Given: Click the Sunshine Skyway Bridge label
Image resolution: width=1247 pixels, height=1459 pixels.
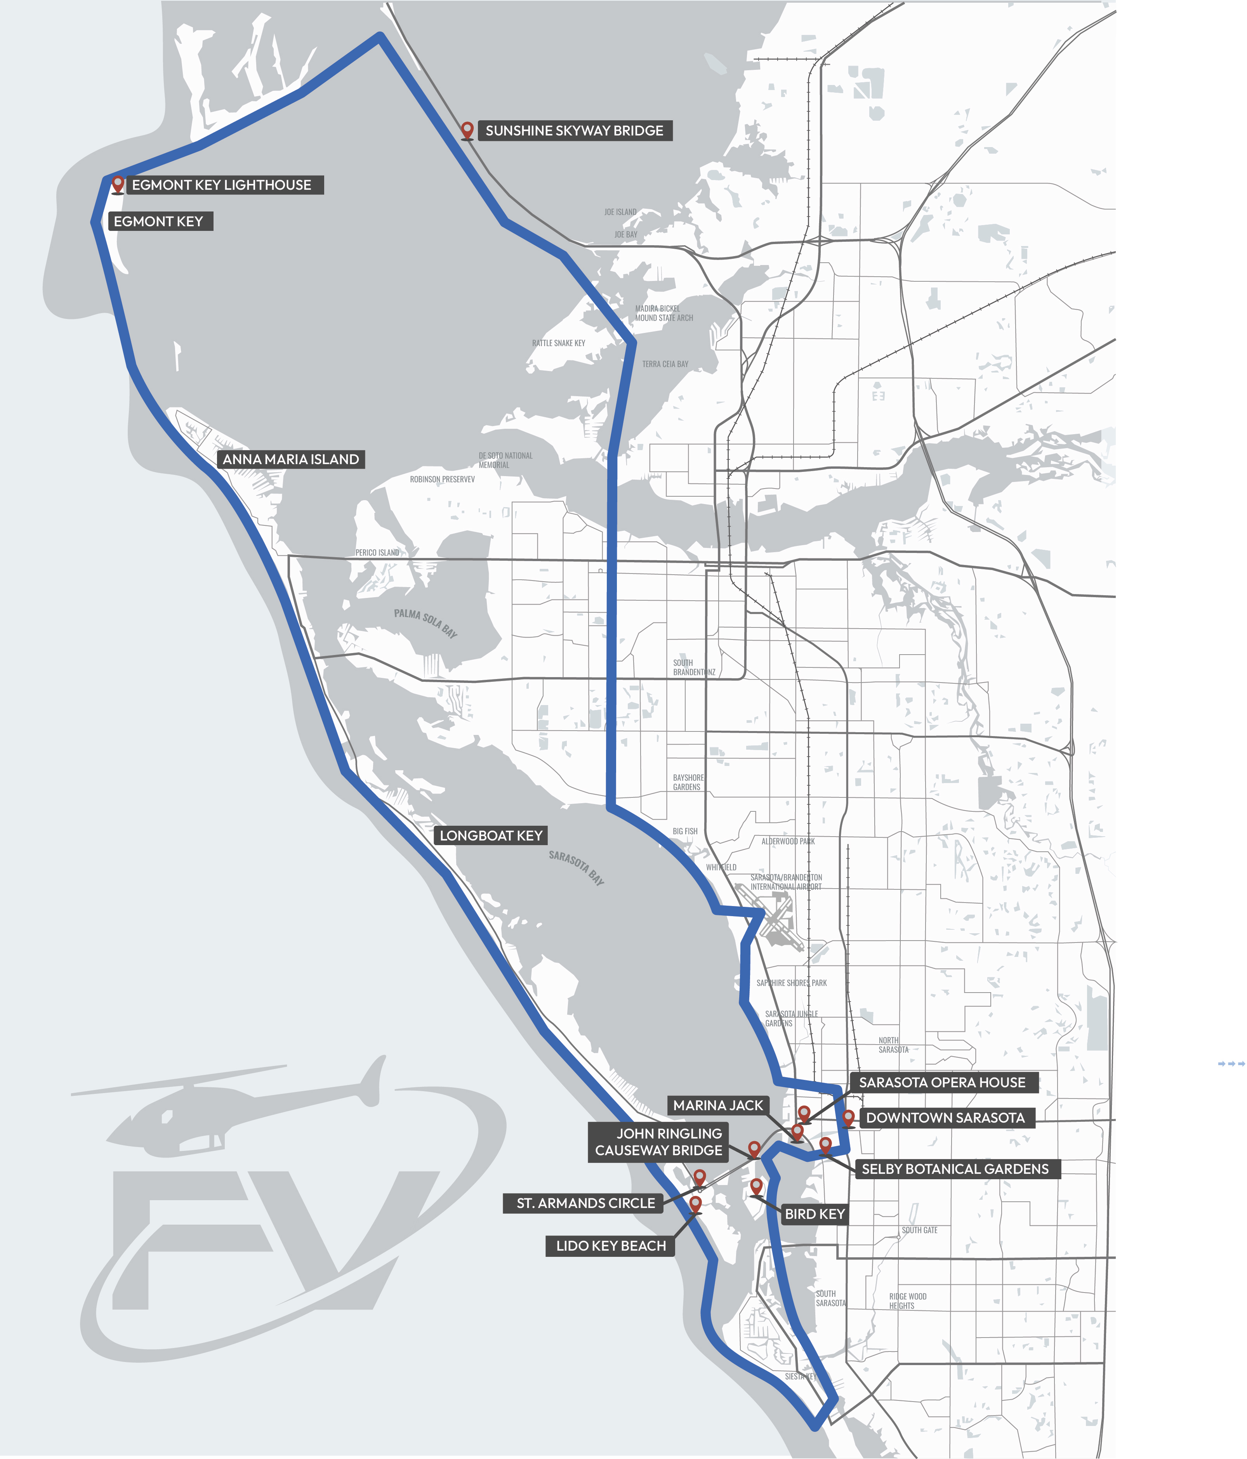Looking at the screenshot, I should (x=574, y=131).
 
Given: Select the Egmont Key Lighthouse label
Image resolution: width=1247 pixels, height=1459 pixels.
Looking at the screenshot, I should (x=221, y=185).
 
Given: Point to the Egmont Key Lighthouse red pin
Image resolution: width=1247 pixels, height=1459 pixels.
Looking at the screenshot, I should (x=118, y=184).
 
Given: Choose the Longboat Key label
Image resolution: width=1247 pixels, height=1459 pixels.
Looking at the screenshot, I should (x=491, y=836).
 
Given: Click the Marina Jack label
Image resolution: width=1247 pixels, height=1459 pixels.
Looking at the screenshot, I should (x=718, y=1106).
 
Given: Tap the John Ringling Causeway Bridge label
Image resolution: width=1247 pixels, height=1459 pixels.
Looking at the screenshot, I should (x=659, y=1142).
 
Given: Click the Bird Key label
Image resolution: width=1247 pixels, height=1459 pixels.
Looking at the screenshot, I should (x=815, y=1214).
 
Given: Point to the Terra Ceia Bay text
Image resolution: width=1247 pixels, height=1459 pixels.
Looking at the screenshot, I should (x=665, y=364).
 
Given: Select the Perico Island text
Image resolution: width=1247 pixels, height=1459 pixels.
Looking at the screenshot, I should (x=377, y=553).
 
